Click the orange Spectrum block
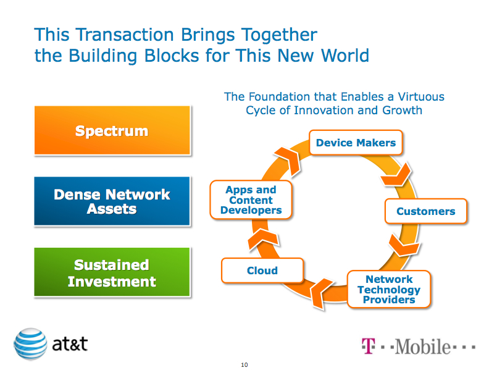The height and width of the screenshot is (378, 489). click(112, 130)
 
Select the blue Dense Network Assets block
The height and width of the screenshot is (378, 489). click(112, 201)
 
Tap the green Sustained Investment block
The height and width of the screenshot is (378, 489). click(112, 273)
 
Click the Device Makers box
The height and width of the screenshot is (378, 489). click(356, 143)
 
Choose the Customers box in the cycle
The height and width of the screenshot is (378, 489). click(425, 211)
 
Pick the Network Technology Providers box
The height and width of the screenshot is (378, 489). click(388, 289)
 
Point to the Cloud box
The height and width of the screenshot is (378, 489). click(262, 271)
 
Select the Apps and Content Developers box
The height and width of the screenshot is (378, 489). click(251, 200)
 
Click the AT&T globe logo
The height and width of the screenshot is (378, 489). click(30, 344)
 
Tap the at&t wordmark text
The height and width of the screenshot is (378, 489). click(70, 344)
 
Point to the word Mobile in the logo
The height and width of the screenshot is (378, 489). click(422, 346)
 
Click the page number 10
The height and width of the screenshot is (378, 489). click(244, 366)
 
